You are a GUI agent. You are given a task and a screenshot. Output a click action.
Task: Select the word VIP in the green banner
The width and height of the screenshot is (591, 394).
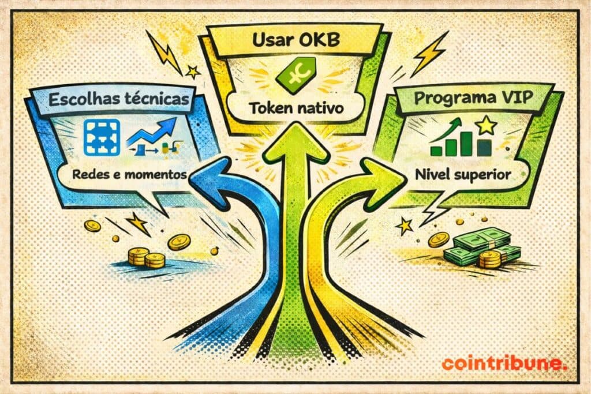517,97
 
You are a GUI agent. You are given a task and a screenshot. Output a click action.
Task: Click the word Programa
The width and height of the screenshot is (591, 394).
455,97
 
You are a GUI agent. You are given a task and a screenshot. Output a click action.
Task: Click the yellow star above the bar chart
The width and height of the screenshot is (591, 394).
487,124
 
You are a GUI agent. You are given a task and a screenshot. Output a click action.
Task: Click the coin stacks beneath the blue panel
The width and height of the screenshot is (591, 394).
146,257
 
